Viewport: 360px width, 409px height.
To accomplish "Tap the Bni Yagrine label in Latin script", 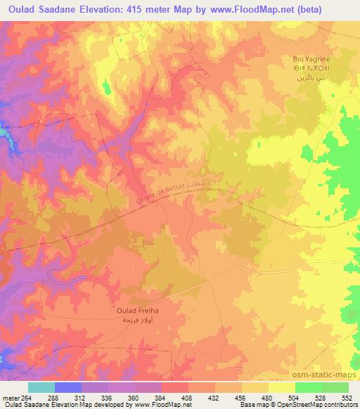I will (311, 59).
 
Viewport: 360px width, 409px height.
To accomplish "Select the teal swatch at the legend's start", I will (41, 387).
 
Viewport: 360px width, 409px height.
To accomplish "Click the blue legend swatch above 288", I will (68, 387).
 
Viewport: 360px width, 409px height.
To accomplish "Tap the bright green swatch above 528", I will (309, 387).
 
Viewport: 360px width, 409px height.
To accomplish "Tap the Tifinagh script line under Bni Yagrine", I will (311, 69).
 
